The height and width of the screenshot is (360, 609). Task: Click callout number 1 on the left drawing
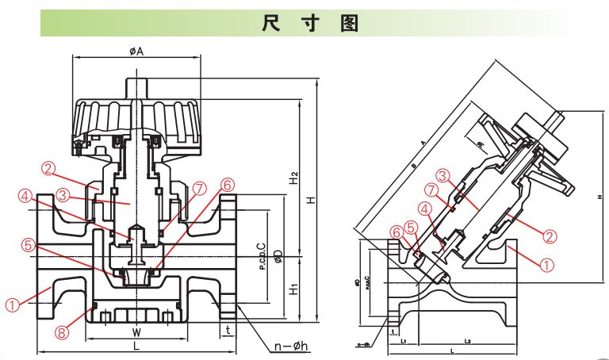(13, 304)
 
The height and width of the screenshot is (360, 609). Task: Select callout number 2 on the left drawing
(48, 168)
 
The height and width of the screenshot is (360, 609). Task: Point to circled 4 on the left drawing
(26, 195)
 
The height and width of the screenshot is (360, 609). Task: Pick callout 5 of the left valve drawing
(29, 245)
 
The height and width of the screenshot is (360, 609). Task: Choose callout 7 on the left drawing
(199, 188)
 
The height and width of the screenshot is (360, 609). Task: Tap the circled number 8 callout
(62, 333)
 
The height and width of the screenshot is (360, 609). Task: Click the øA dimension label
(136, 51)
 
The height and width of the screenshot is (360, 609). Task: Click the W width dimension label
(136, 332)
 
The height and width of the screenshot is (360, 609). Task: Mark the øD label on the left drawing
(278, 256)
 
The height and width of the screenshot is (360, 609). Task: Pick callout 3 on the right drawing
(443, 175)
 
